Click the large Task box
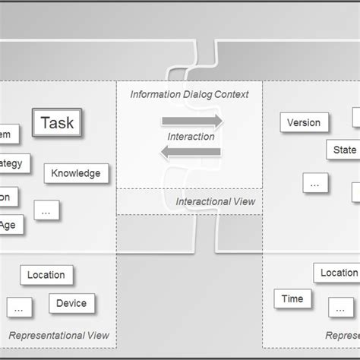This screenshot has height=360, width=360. click(57, 123)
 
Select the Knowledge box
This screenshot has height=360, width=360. click(76, 173)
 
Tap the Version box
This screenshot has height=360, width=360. click(304, 122)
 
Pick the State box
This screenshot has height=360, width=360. click(343, 150)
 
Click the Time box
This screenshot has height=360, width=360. click(292, 299)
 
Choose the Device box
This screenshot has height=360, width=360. click(71, 304)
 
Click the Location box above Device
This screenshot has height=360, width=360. click(46, 275)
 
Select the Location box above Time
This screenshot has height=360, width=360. click(337, 273)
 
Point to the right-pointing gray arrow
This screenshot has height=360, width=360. click(192, 122)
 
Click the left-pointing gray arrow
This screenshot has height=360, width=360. click(192, 152)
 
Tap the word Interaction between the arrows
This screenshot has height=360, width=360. click(191, 137)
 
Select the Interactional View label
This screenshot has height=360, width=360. click(216, 201)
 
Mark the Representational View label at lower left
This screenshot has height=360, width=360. click(58, 335)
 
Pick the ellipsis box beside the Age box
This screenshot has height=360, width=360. click(46, 210)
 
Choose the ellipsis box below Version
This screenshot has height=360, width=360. click(315, 182)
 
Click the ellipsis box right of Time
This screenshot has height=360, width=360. click(341, 307)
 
